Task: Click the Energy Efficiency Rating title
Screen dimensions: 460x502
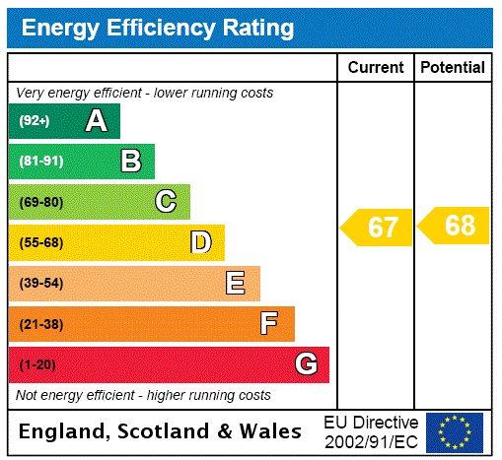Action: [x=158, y=29]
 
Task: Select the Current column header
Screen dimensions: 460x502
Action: [x=376, y=68]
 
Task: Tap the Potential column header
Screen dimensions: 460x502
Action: [x=453, y=68]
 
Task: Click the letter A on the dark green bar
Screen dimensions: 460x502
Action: [x=96, y=121]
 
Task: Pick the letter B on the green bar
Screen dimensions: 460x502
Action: [x=130, y=162]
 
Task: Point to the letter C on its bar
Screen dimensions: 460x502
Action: [x=166, y=202]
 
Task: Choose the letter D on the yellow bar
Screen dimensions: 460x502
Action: [x=200, y=242]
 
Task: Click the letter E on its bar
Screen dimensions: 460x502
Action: [x=236, y=284]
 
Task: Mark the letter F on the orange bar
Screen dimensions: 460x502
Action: [x=269, y=324]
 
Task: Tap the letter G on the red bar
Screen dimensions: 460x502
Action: [x=306, y=364]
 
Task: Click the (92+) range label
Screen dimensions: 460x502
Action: [x=35, y=122]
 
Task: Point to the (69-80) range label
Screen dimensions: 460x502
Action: [x=40, y=203]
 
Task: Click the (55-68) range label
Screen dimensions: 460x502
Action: [x=40, y=243]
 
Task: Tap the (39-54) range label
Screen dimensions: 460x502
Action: [x=40, y=284]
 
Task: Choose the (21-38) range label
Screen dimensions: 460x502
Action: [x=40, y=324]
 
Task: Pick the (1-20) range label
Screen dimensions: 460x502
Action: [x=37, y=365]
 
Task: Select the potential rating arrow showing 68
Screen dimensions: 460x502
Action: [x=455, y=226]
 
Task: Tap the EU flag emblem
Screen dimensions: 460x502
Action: [x=455, y=431]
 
